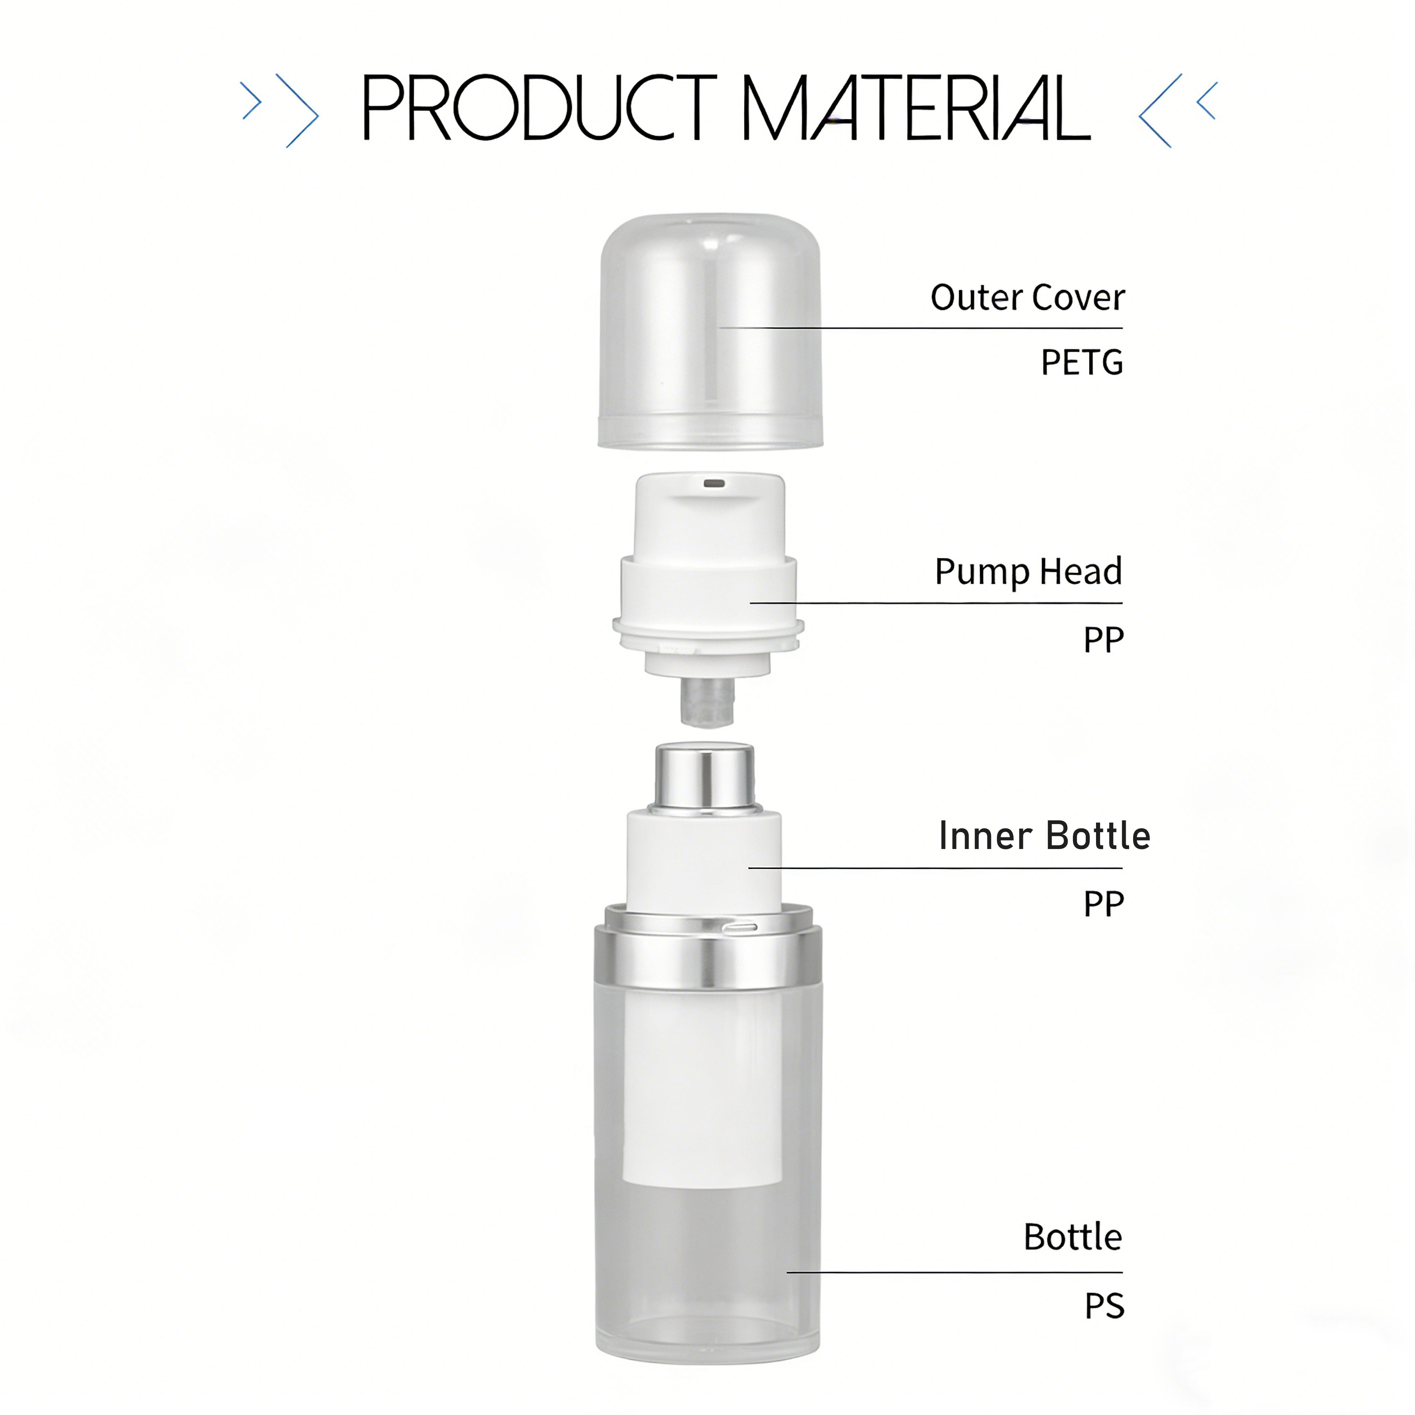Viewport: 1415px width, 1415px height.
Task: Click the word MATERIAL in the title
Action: tap(915, 108)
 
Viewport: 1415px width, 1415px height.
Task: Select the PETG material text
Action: tap(1082, 363)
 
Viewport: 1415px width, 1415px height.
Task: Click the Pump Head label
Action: tap(1027, 571)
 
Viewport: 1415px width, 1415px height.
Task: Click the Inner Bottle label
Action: tap(1044, 836)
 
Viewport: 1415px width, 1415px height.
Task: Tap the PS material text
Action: tap(1104, 1306)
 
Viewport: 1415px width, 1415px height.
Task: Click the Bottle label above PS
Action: tap(1072, 1237)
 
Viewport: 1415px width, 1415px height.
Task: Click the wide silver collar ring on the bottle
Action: tap(708, 959)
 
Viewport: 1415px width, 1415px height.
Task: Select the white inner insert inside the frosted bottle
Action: tap(702, 1084)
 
